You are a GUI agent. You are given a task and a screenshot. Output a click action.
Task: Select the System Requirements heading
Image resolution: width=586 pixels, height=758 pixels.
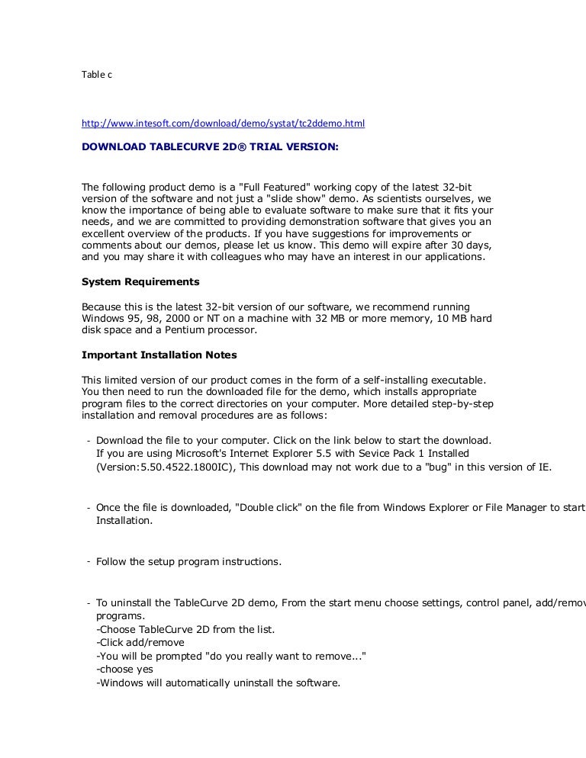tap(140, 281)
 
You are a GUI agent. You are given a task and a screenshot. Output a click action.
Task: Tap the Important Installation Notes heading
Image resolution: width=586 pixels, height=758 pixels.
tap(159, 355)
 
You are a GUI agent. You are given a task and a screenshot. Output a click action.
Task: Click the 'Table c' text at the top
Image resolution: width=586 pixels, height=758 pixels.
tap(97, 74)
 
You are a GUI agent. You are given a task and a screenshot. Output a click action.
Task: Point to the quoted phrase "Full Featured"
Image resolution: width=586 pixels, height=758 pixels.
tap(281, 185)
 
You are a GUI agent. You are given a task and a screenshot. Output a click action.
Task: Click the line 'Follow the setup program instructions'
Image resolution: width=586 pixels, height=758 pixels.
tap(188, 562)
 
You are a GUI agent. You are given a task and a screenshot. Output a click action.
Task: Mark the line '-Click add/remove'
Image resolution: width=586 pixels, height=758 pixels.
tap(140, 642)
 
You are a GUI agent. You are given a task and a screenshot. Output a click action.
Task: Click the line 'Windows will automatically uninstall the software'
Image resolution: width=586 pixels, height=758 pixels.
tap(218, 683)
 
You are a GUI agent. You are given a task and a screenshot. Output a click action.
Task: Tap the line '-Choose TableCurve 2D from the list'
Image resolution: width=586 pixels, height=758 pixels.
tap(185, 629)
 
